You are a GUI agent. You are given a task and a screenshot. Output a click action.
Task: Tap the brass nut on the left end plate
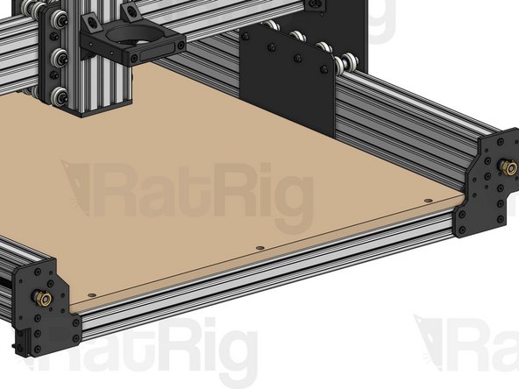(x=41, y=299)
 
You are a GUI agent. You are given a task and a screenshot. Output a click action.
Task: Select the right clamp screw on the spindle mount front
(x=179, y=45)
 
